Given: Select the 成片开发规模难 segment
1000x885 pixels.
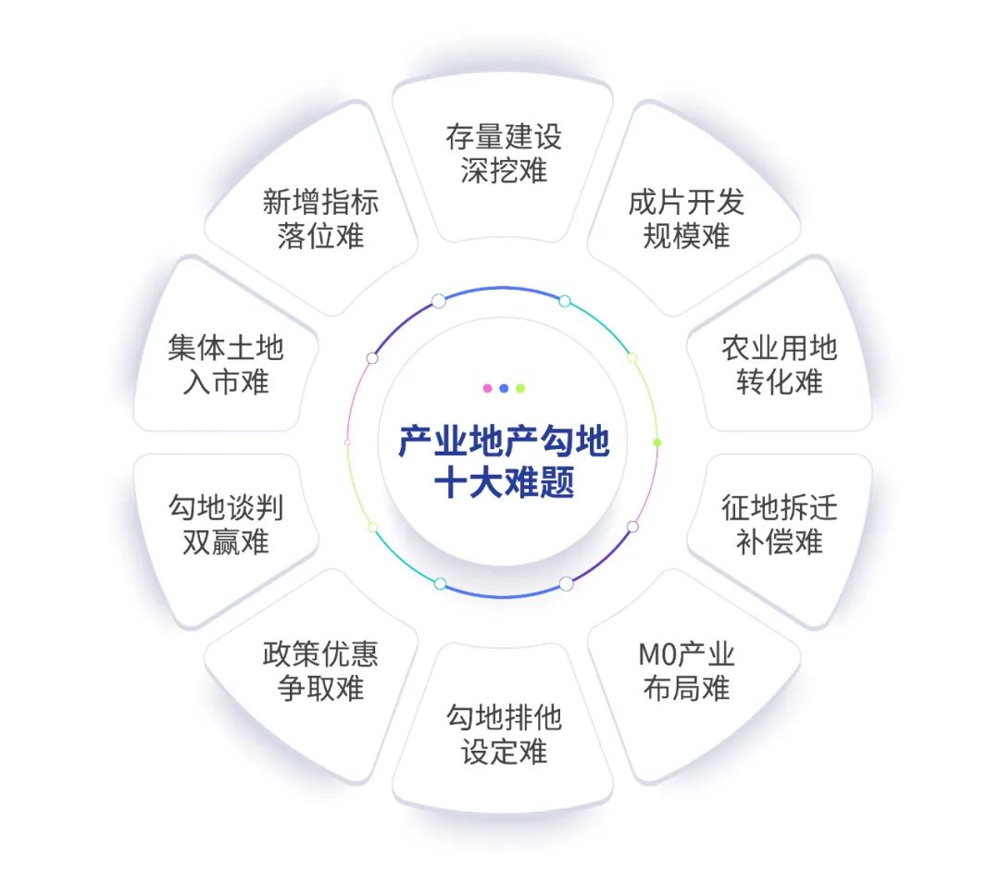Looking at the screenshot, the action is tap(692, 210).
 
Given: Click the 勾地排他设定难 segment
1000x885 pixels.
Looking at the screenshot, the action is tap(503, 730).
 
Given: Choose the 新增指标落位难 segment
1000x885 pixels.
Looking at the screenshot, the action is tap(316, 210).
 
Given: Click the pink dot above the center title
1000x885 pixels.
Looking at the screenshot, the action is tap(487, 388).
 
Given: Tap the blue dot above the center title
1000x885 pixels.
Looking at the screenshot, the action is tap(504, 388).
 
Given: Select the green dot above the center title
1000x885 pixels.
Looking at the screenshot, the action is tap(520, 388).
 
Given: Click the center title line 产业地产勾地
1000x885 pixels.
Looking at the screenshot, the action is tap(504, 442).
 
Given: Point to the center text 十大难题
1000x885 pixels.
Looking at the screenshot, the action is tap(504, 482).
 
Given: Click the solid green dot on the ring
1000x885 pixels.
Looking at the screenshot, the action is tap(657, 442).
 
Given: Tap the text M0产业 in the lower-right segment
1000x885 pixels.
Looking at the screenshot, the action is tap(686, 654).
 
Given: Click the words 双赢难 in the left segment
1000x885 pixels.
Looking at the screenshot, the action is tap(226, 542).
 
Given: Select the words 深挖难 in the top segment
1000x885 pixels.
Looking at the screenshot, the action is tap(504, 171).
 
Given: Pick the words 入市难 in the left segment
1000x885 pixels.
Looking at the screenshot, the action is tap(226, 382).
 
